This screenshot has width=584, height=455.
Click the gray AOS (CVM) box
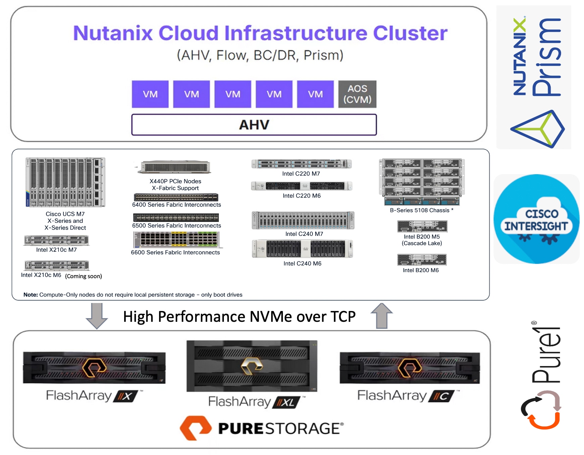point(357,94)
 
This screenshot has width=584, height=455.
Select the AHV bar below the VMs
point(254,125)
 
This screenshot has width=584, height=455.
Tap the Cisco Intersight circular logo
point(536,219)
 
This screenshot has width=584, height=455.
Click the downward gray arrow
point(97,315)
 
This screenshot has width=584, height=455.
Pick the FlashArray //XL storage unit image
point(252,366)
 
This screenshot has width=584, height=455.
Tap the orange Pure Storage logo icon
point(195,428)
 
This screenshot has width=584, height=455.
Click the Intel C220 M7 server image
point(301,164)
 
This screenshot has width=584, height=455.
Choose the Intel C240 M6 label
point(302,263)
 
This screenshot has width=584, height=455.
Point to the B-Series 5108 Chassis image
point(422,182)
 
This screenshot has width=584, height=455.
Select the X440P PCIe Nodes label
point(175,181)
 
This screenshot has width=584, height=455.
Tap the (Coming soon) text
point(84,276)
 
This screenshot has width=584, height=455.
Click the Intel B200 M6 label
point(421,270)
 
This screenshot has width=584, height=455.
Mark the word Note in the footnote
point(31,295)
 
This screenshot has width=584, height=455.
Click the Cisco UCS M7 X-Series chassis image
point(65,182)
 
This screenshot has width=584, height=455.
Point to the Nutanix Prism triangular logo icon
point(537,129)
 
